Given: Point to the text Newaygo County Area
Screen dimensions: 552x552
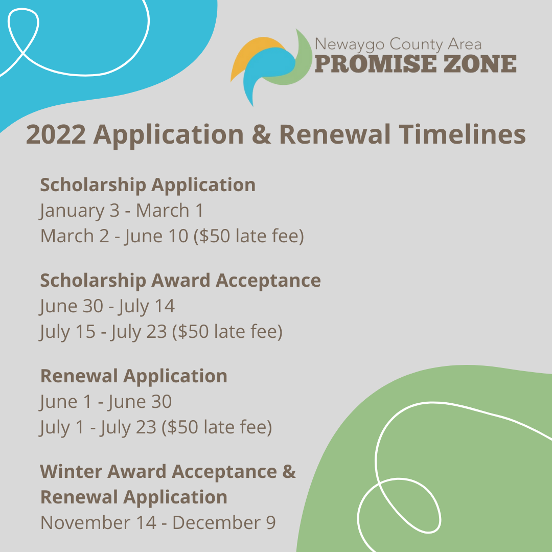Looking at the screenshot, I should click(398, 45).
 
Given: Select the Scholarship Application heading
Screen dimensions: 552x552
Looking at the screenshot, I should click(148, 185).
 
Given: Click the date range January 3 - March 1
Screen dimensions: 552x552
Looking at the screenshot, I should click(122, 210).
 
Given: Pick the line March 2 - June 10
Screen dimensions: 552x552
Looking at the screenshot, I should click(172, 236).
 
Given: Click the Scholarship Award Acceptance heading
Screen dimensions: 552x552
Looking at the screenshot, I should click(180, 280).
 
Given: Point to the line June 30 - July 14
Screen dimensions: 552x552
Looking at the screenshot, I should click(107, 306).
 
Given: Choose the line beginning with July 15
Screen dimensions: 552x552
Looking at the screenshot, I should click(161, 332).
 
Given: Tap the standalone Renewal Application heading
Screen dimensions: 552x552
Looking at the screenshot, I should click(133, 376).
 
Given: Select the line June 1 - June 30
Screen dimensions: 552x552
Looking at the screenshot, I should click(106, 402).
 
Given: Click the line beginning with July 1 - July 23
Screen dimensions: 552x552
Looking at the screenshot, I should click(156, 427).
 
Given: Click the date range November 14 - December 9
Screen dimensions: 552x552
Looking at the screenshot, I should click(158, 523).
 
